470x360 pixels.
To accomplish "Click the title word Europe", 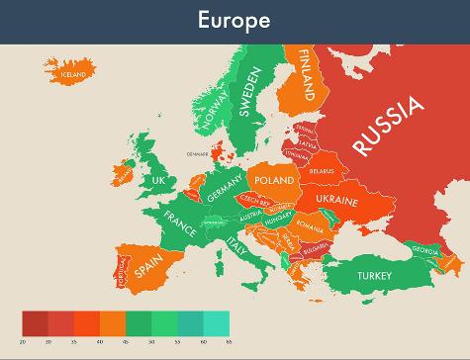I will tap(235, 20).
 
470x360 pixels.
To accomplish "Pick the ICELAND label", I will tap(74, 73).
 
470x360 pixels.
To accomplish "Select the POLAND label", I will tap(274, 181).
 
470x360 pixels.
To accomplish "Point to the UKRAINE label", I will tap(336, 200).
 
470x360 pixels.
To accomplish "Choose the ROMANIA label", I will tap(309, 228).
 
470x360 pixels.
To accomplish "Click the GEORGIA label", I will tap(426, 249).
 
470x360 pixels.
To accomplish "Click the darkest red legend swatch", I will tap(35, 322).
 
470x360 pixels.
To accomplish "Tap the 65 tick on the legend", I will tap(229, 340).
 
